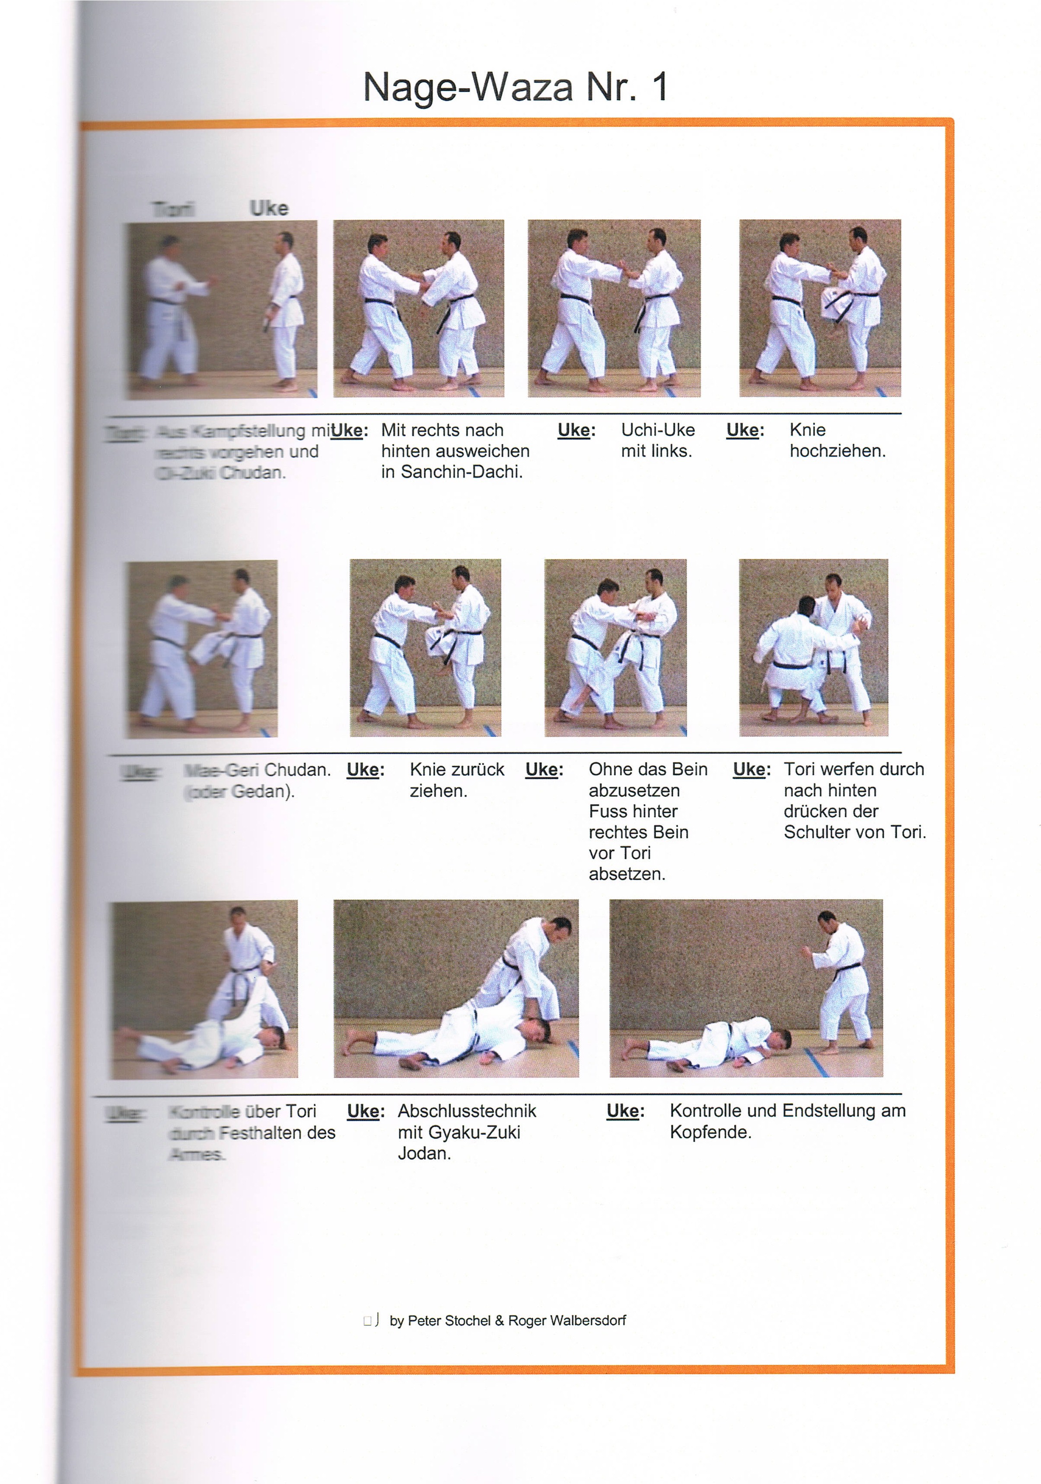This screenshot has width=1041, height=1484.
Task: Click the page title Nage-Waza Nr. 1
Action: click(x=516, y=87)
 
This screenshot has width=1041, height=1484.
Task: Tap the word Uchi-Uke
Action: click(x=658, y=430)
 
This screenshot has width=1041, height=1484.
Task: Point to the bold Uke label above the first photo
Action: click(x=268, y=208)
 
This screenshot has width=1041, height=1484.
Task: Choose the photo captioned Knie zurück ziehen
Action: click(x=425, y=648)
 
